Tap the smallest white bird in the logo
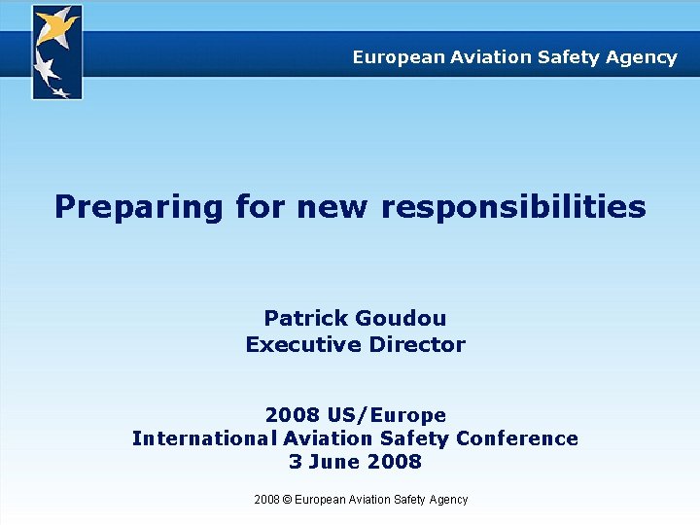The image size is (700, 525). (x=60, y=91)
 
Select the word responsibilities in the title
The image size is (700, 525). (x=513, y=206)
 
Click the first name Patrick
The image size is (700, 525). (x=306, y=319)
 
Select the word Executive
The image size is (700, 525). (x=303, y=344)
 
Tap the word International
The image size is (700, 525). (x=204, y=438)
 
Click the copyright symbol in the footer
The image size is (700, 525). (x=286, y=500)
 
